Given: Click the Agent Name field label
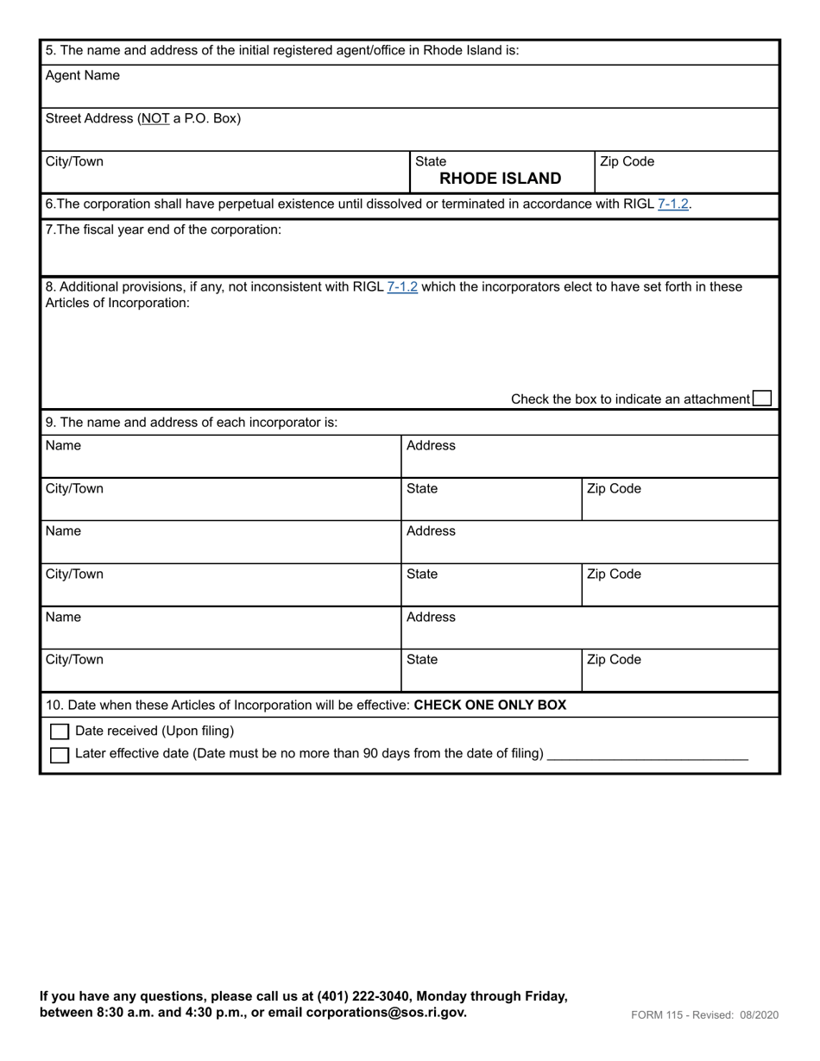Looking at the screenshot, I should (82, 76).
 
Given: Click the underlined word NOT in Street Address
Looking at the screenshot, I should (155, 119).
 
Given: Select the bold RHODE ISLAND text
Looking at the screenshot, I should (500, 179).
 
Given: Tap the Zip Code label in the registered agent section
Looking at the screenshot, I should (627, 162).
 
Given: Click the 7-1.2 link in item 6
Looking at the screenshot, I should (672, 204).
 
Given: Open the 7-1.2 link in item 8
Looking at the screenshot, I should (402, 286).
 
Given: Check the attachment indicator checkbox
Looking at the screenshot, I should (761, 399).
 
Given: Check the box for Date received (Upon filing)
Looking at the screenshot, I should (60, 731).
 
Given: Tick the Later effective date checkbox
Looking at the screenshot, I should (60, 755).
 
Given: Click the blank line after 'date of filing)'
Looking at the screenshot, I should (647, 754).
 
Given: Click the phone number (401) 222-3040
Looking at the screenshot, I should (365, 996).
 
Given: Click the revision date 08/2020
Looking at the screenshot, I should (758, 1015).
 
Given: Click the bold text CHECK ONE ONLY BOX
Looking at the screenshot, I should (490, 706).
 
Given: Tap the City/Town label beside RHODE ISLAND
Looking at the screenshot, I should (74, 162).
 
